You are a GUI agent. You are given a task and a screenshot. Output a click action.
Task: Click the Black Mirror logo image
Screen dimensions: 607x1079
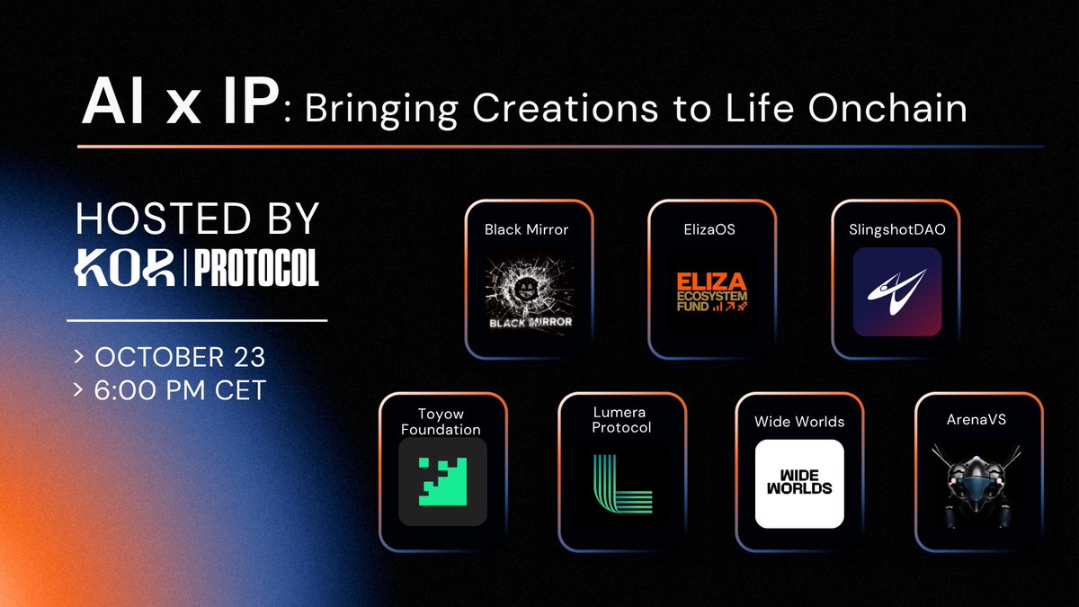[x=530, y=294]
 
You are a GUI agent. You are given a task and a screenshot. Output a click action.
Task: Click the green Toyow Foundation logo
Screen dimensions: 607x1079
[x=442, y=481]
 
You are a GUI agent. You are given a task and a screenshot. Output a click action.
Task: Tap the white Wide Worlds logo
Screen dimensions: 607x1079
[x=799, y=484]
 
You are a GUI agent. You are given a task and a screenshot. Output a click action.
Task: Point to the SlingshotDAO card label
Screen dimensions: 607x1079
[x=896, y=229]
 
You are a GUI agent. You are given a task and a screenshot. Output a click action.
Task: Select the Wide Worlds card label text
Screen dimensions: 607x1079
[x=799, y=421]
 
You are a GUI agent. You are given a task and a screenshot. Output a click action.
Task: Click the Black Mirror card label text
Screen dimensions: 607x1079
[x=527, y=229]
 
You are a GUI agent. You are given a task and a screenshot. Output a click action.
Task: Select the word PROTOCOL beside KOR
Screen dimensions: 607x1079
[x=255, y=268]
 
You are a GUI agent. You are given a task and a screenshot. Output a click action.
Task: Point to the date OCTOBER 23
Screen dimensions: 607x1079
[x=179, y=356]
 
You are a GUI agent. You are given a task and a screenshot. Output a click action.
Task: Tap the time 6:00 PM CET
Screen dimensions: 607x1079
[x=179, y=389]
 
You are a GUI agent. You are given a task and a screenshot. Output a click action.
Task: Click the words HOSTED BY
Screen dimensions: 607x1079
[x=198, y=220]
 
